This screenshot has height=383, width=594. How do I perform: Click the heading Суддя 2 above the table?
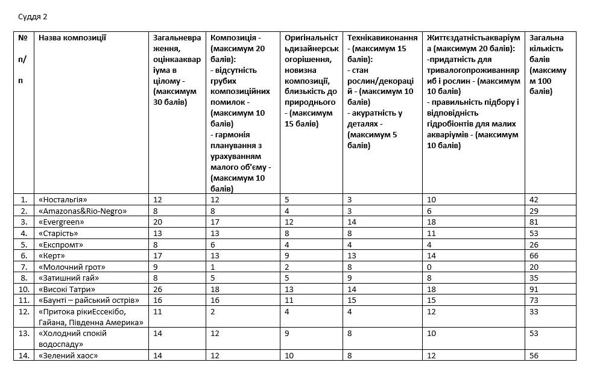point(33,16)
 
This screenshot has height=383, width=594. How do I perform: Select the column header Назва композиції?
point(72,38)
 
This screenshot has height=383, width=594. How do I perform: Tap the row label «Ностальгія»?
point(63,200)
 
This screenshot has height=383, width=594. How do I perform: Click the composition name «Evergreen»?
point(62,222)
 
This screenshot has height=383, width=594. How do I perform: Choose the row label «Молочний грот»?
point(72,267)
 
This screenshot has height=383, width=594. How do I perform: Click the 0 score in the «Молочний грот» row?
point(429,267)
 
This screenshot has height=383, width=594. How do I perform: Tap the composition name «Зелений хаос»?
point(68,356)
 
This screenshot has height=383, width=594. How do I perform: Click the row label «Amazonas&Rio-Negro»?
point(83,211)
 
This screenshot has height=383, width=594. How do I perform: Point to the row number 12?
point(24,311)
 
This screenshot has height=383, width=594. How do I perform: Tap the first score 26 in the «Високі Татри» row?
point(157,289)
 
